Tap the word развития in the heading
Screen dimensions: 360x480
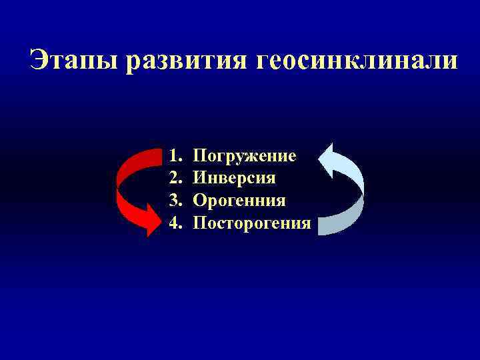(x=187, y=61)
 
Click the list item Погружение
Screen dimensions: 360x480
(x=245, y=157)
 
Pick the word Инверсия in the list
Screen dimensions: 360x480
(x=234, y=179)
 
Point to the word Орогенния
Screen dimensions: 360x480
(x=239, y=201)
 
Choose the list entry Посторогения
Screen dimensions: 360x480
(x=252, y=223)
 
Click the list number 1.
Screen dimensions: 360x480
(x=175, y=157)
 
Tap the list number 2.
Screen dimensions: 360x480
(x=175, y=179)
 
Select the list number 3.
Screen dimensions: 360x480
(x=175, y=201)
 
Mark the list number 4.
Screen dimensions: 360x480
(x=175, y=223)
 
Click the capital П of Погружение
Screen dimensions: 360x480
(x=199, y=157)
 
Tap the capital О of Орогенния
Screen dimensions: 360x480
(x=199, y=201)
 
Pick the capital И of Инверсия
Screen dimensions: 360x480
(x=199, y=179)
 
